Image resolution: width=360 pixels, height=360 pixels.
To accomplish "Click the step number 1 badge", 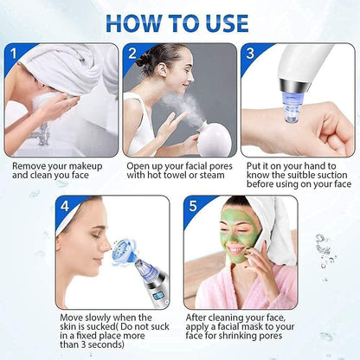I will pos(13,52).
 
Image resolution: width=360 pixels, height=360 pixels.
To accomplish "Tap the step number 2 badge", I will pos(132,53).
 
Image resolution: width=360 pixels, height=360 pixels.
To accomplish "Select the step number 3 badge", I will pos(250,53).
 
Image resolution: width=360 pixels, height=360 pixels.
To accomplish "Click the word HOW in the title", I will pos(137,21).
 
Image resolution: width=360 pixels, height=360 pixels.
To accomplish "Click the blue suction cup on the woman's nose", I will pos(127,247).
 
